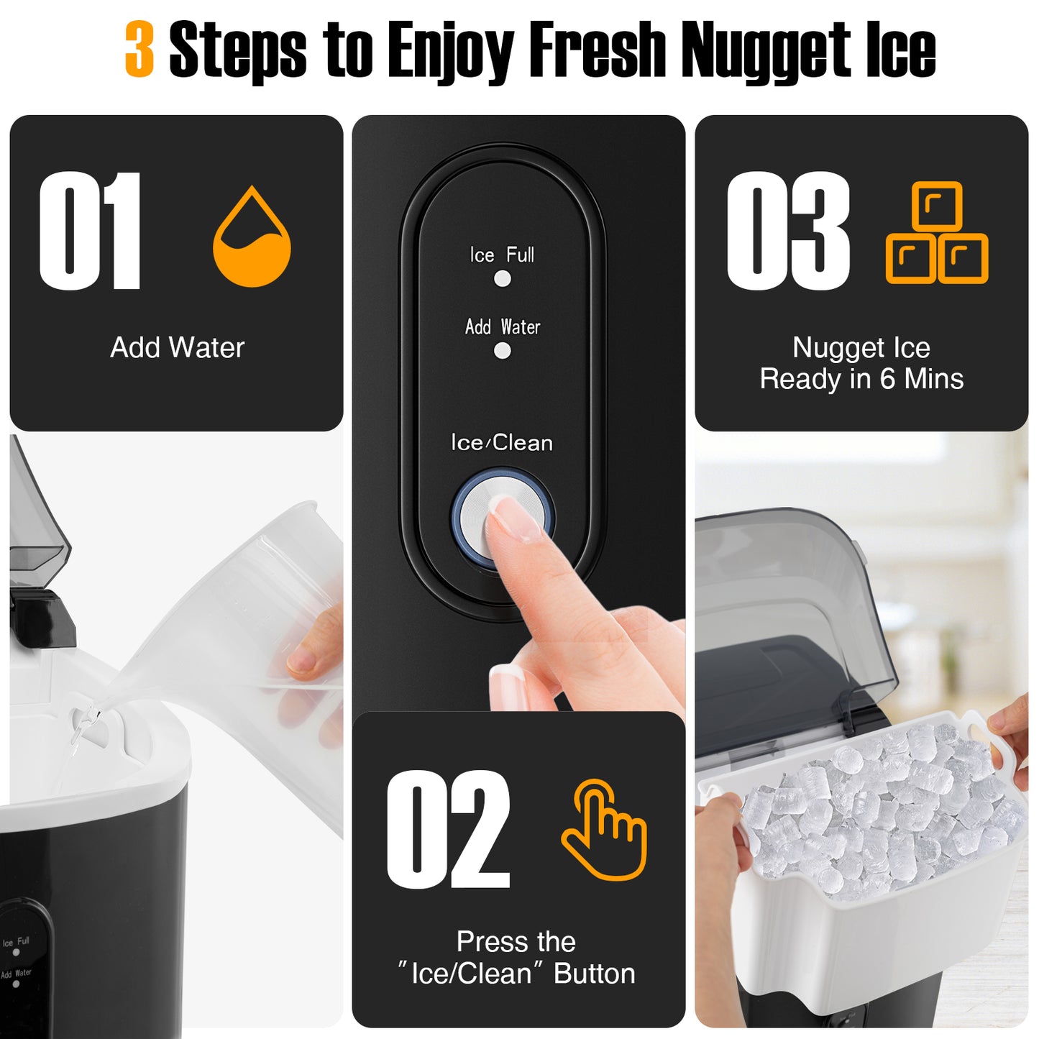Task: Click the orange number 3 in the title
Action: point(139,49)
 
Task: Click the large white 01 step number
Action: point(90,231)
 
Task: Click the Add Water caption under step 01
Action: point(177,348)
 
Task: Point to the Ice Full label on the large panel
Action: point(502,255)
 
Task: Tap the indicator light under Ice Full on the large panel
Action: point(503,279)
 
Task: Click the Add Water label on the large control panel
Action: point(502,327)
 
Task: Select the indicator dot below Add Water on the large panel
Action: point(503,351)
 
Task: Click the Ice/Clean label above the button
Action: point(502,443)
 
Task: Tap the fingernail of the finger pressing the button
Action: point(516,518)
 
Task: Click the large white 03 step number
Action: point(788,231)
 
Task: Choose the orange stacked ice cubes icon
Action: point(937,233)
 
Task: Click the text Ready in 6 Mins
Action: point(861,379)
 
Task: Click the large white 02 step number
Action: point(448,830)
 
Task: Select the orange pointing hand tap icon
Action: point(604,830)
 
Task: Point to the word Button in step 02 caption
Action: point(595,974)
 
